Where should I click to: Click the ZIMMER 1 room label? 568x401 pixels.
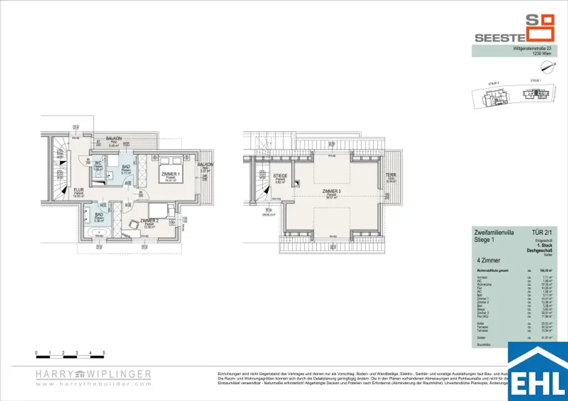point(171,174)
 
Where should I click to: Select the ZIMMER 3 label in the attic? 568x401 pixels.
point(332,191)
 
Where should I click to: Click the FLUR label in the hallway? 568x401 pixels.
point(79,189)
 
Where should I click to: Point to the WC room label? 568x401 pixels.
point(98,163)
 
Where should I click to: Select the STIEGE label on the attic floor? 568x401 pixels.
point(280,176)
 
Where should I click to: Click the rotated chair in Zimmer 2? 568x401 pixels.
point(134,224)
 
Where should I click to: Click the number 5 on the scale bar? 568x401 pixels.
point(104,353)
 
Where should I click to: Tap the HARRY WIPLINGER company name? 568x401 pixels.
point(93,374)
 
